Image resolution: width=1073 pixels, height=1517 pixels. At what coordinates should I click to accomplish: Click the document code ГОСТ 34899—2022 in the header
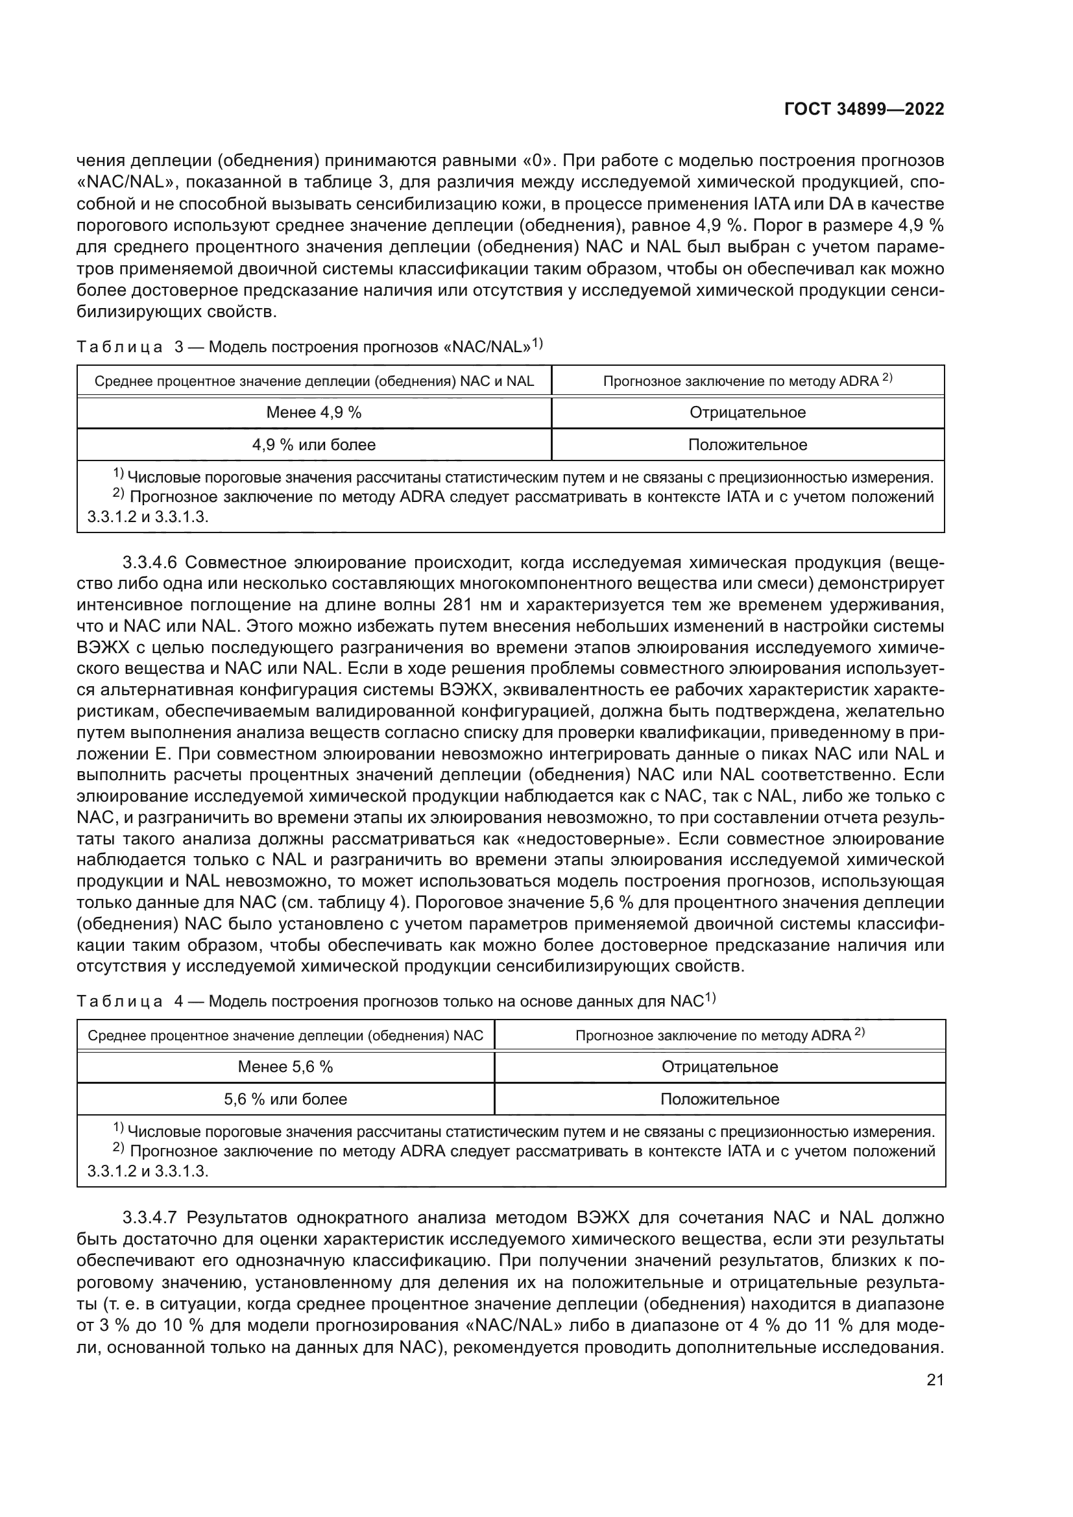pyautogui.click(x=863, y=109)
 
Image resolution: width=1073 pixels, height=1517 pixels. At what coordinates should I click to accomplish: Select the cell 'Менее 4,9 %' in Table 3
pyautogui.click(x=314, y=412)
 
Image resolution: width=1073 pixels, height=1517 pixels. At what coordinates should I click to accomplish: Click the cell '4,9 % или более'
pyautogui.click(x=314, y=445)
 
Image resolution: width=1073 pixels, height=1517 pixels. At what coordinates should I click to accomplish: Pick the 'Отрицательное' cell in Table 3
pyautogui.click(x=747, y=412)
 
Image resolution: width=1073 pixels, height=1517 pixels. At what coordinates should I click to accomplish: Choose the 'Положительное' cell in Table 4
pyautogui.click(x=719, y=1099)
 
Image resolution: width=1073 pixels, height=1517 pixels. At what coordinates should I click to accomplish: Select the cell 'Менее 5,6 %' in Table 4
pyautogui.click(x=285, y=1066)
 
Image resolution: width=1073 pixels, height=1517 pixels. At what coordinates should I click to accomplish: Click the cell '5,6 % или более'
pyautogui.click(x=285, y=1099)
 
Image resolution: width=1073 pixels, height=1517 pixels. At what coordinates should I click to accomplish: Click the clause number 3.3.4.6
pyautogui.click(x=150, y=563)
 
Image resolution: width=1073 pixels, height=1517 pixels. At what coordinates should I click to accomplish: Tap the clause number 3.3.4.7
pyautogui.click(x=150, y=1218)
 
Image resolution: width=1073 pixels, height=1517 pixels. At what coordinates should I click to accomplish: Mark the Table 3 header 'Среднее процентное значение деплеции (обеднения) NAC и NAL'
pyautogui.click(x=314, y=381)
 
